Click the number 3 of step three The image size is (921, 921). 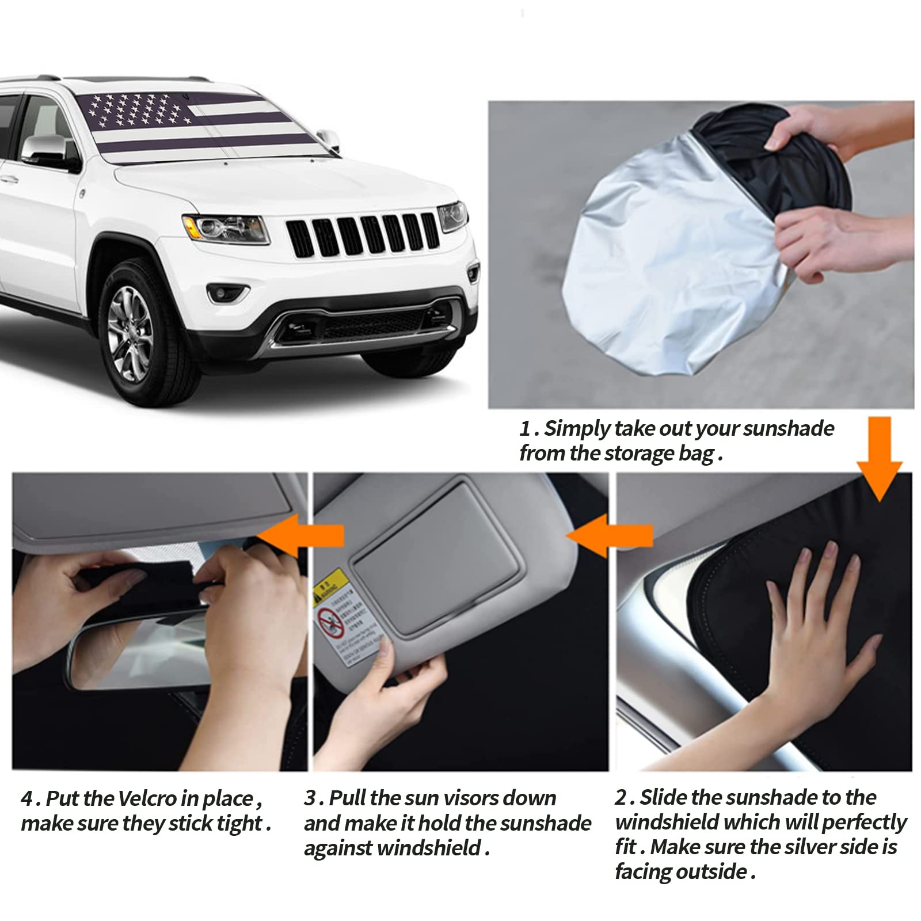(311, 798)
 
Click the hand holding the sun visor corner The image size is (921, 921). (397, 691)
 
